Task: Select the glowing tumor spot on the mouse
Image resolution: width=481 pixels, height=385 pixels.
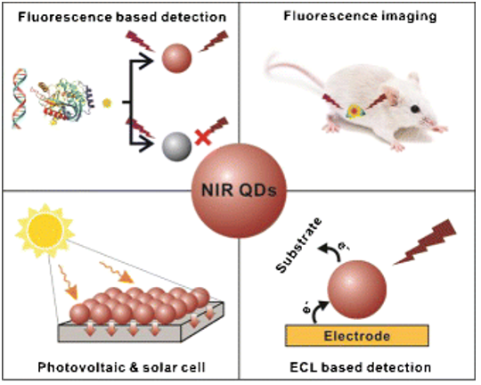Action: tap(354, 111)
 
